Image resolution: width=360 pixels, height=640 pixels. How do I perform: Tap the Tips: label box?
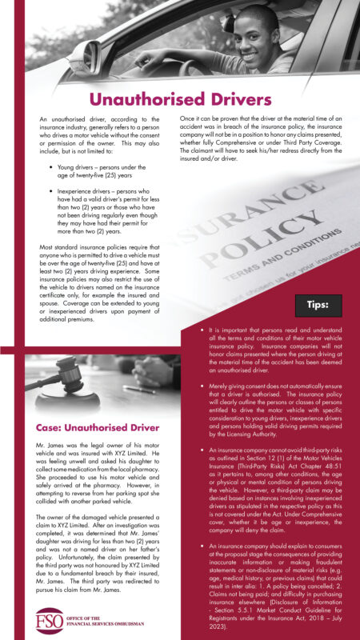(320, 305)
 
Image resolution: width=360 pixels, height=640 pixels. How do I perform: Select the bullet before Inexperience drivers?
(50, 193)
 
